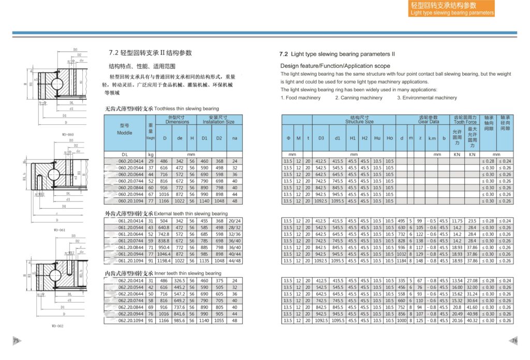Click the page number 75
(16, 340)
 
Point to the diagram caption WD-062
(57, 326)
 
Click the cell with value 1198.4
(165, 261)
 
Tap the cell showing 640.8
(165, 227)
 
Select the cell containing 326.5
(180, 281)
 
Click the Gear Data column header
(429, 120)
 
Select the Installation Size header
(219, 120)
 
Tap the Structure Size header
(359, 120)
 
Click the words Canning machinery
(359, 98)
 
